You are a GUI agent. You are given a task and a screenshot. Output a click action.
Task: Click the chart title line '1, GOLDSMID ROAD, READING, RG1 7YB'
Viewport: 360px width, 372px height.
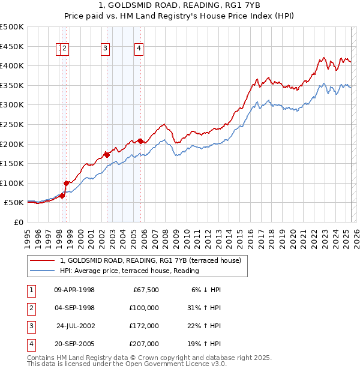[x=180, y=7]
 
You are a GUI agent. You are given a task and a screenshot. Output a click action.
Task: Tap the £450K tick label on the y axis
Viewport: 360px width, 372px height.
[x=12, y=46]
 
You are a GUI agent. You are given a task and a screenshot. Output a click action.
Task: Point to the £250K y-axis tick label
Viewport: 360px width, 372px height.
[x=12, y=124]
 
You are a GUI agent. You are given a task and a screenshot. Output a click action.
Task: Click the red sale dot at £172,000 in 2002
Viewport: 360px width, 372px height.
[x=107, y=155]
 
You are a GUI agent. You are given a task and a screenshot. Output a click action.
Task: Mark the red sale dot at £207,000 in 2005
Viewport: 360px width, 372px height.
[x=140, y=141]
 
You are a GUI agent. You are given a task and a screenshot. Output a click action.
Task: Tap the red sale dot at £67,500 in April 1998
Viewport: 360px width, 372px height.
[x=62, y=196]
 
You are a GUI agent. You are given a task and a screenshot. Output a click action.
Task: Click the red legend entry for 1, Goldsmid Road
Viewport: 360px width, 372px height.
[x=150, y=260]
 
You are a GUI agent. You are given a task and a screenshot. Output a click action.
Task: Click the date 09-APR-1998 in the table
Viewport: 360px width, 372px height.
[x=74, y=290]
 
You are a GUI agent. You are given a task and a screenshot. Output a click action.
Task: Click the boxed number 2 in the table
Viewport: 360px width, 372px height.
[x=31, y=308]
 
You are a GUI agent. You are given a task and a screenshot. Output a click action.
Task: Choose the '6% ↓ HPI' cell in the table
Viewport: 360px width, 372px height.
[x=206, y=290]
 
